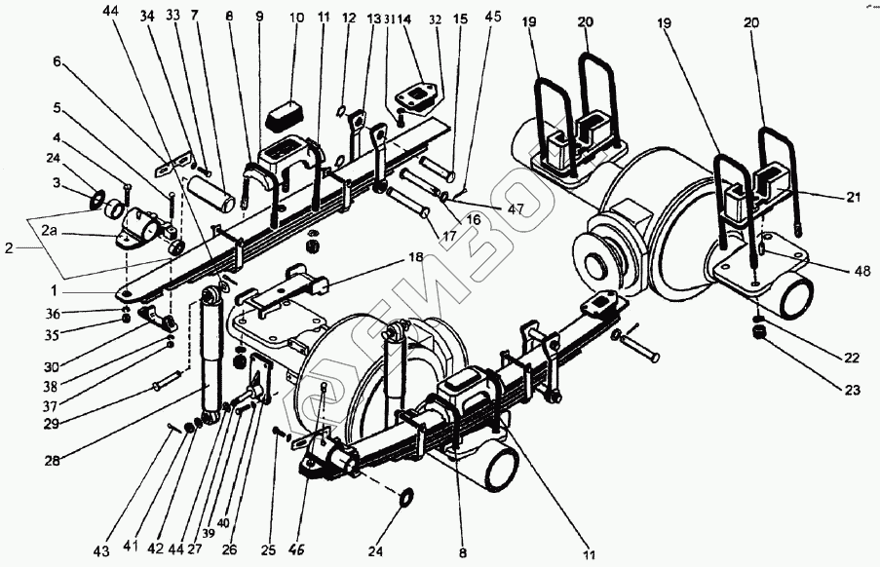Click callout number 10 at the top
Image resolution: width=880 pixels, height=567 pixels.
(x=296, y=19)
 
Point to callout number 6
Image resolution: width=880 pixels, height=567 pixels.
(x=57, y=60)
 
